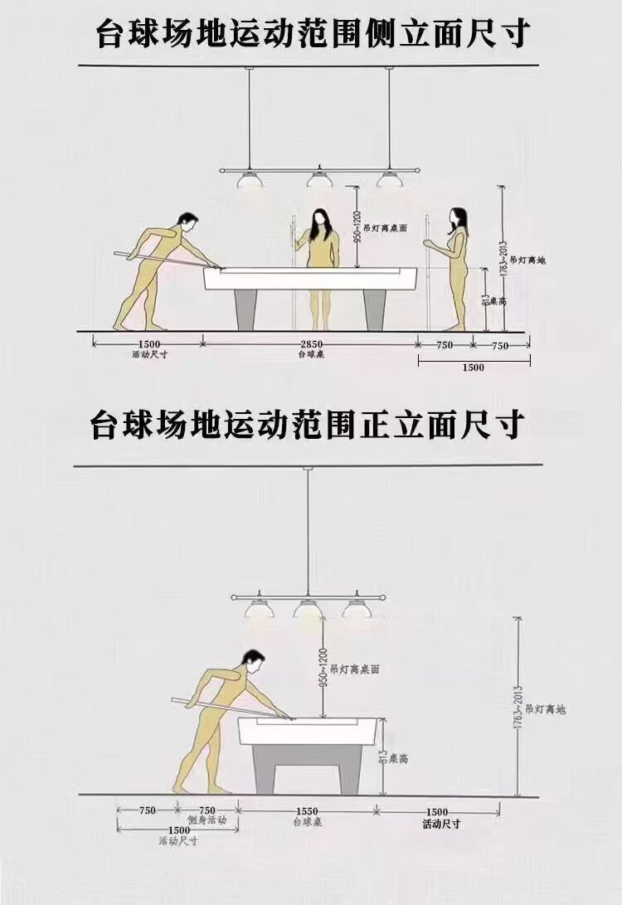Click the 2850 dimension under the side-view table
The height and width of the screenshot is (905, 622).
tap(311, 344)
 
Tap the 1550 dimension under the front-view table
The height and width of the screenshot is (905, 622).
tap(306, 811)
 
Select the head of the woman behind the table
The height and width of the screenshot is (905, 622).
tap(319, 221)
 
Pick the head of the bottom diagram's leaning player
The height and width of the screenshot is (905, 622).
tap(253, 662)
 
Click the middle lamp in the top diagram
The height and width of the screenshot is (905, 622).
tap(315, 178)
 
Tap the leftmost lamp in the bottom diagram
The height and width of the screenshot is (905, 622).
tap(258, 608)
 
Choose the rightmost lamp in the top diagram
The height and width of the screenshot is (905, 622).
tap(386, 178)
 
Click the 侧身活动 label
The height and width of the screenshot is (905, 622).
tap(207, 820)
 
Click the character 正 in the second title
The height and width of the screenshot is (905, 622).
tap(368, 425)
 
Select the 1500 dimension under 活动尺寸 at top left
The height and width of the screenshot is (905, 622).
tap(149, 344)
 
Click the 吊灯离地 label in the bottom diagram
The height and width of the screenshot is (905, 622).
tap(549, 709)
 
